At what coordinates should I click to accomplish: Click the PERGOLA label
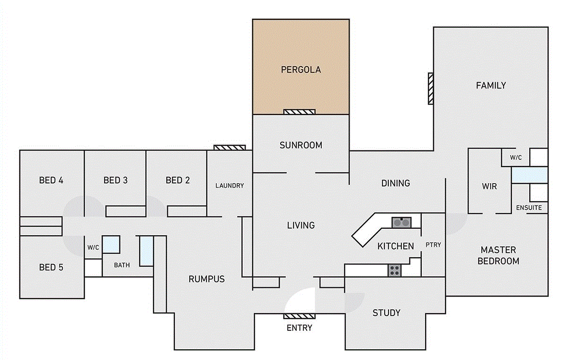tap(301, 70)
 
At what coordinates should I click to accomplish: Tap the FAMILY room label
tap(491, 86)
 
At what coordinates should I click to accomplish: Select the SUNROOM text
tap(301, 145)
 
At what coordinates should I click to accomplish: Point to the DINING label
tap(396, 183)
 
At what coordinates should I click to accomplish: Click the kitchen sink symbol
tap(401, 221)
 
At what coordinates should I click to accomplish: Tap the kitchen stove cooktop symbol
tap(395, 270)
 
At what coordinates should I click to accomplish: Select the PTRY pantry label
tap(433, 245)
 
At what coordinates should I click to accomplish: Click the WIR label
tap(489, 186)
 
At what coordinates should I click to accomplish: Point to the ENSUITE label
tap(529, 208)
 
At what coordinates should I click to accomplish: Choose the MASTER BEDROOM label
tap(498, 255)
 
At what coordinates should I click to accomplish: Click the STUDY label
tap(386, 313)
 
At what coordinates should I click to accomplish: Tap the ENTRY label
tap(300, 328)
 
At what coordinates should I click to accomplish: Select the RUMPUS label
tap(206, 279)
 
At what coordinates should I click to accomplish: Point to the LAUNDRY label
tap(230, 186)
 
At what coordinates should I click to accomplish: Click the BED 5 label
tap(51, 267)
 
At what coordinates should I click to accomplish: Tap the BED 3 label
tap(115, 180)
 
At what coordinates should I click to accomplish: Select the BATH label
tap(122, 265)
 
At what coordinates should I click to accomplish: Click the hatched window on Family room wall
tap(430, 88)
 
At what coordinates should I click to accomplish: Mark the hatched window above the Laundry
tap(230, 148)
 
